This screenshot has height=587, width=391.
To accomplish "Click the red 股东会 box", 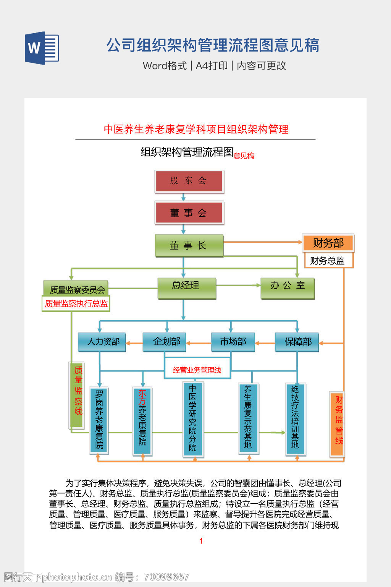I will (189, 181).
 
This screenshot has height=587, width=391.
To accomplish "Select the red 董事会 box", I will (189, 213).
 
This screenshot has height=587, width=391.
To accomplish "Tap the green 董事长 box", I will (189, 245).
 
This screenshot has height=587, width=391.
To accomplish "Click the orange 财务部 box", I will (328, 243).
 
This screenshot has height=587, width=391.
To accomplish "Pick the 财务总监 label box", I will (328, 261).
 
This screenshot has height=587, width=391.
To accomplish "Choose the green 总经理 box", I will (187, 288).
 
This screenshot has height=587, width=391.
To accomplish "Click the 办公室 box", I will (288, 288).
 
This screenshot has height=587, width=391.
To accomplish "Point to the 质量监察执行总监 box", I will (76, 303).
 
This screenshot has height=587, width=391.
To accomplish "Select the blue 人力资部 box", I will (102, 342).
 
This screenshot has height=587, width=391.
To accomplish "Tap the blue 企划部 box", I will (165, 342).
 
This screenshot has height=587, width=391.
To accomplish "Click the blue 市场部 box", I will (233, 342).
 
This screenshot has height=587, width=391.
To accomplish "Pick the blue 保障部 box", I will (297, 342).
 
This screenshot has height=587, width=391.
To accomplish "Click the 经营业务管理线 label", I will (197, 370).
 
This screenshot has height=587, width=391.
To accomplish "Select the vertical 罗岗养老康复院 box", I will (99, 420).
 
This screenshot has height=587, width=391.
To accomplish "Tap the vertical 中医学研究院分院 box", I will (193, 419).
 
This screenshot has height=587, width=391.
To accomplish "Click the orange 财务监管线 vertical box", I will (337, 424).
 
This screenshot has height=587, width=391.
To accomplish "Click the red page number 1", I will (201, 541).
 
